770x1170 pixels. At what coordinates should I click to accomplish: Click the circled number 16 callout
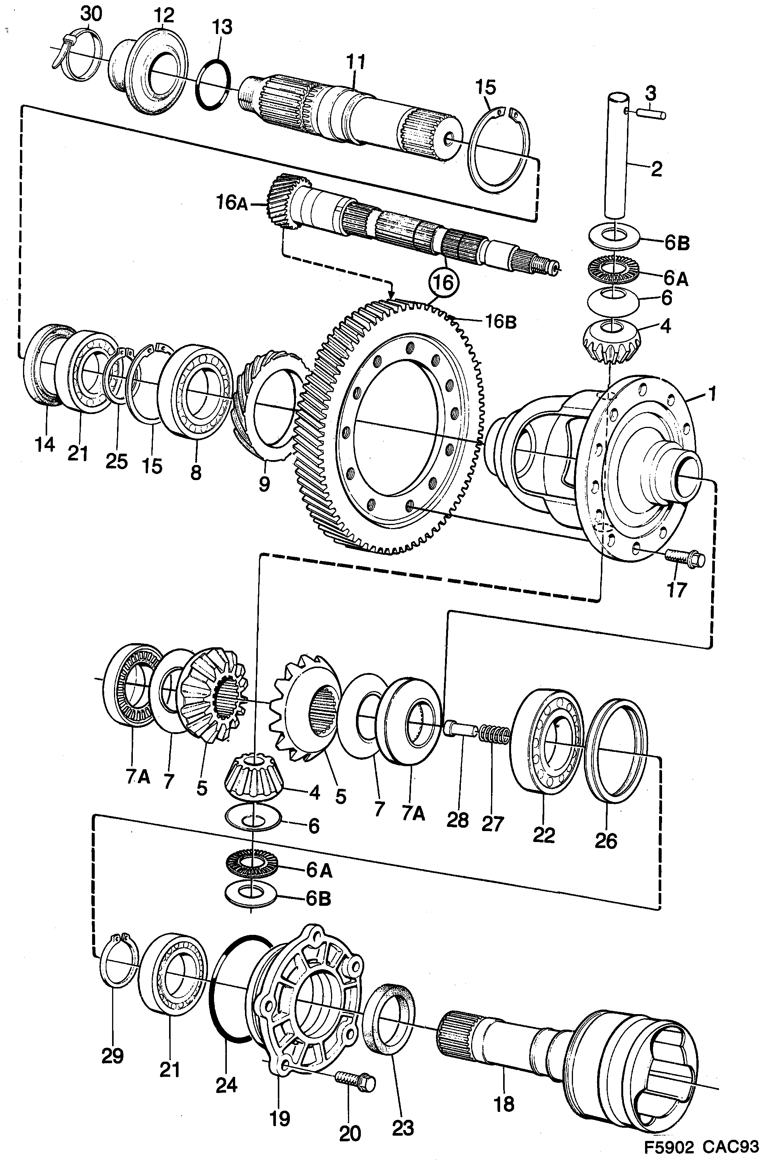444,283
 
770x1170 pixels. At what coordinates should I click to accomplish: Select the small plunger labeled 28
460,728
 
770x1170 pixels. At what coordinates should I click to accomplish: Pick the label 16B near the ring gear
500,322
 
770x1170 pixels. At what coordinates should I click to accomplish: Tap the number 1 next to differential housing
711,393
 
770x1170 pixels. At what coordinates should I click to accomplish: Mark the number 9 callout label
264,484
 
